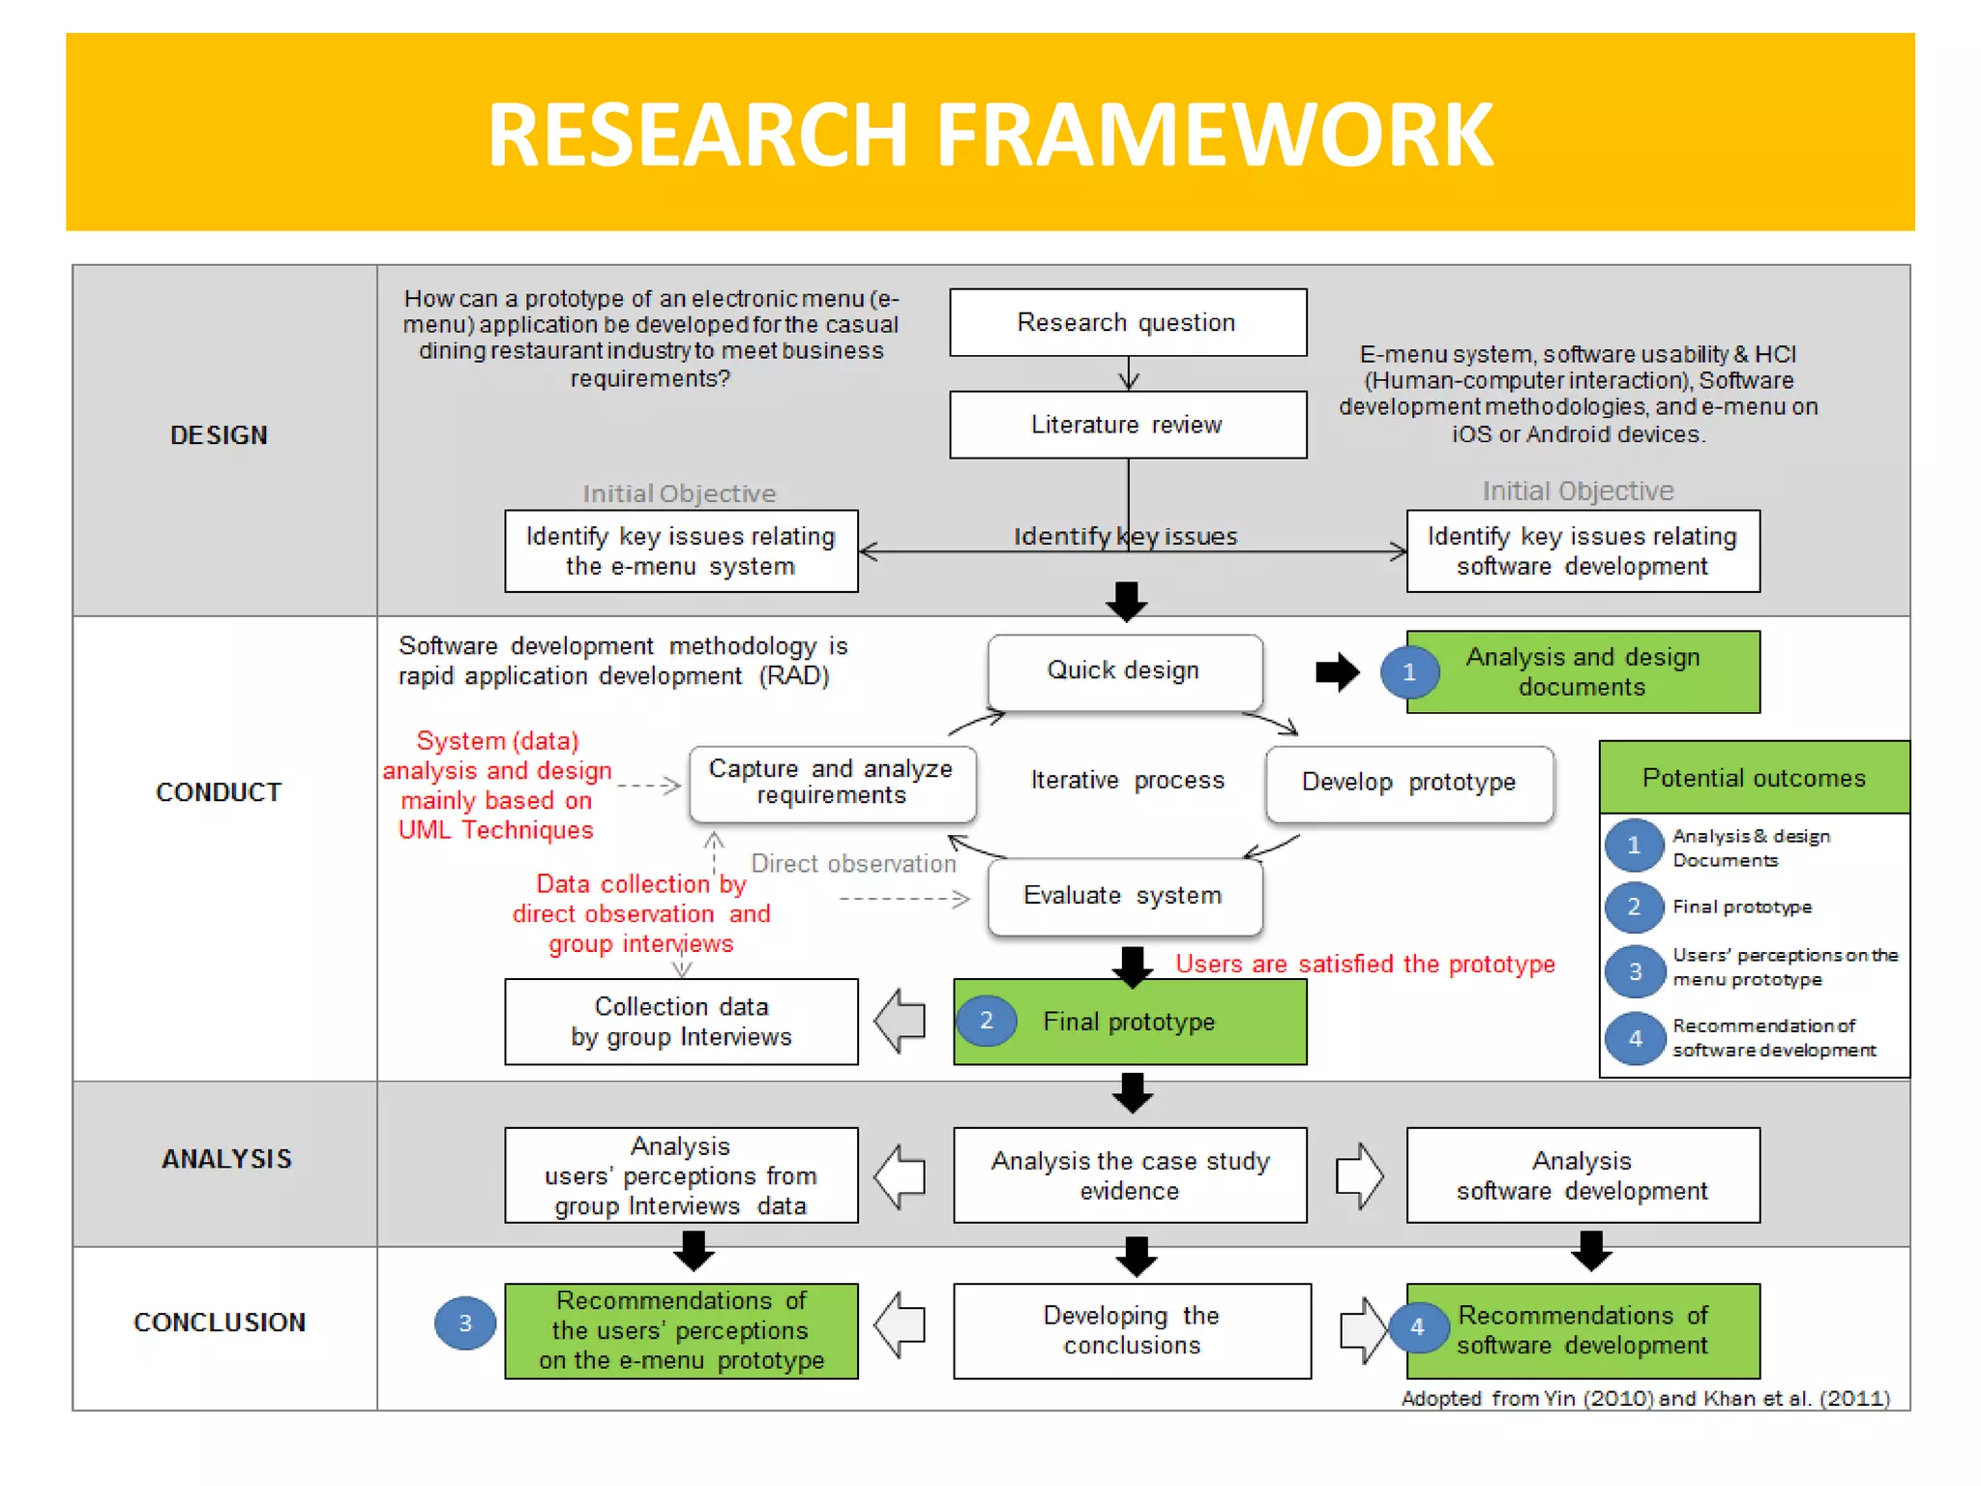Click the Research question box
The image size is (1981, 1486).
(x=1127, y=322)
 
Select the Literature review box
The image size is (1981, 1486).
(x=1127, y=425)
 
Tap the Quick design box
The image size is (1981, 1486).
(x=1124, y=671)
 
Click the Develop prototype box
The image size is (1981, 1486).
(x=1408, y=783)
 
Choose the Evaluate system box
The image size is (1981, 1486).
(x=1124, y=896)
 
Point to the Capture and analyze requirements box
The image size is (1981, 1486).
(x=832, y=783)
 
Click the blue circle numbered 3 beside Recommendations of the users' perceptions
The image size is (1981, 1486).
(x=465, y=1323)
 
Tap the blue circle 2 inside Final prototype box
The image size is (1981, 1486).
(x=986, y=1021)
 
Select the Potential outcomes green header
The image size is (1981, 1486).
(x=1753, y=778)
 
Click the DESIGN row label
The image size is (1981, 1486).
(x=220, y=436)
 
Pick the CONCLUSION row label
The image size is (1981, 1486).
(x=220, y=1323)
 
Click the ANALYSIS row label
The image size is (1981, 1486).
(x=226, y=1159)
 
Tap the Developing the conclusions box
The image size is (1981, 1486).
(x=1132, y=1330)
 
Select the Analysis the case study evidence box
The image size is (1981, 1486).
(x=1130, y=1175)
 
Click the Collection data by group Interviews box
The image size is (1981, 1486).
(x=681, y=1022)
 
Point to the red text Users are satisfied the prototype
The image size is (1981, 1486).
(x=1364, y=965)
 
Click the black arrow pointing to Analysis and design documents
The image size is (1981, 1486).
(x=1338, y=672)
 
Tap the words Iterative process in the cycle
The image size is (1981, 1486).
(x=1127, y=781)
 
